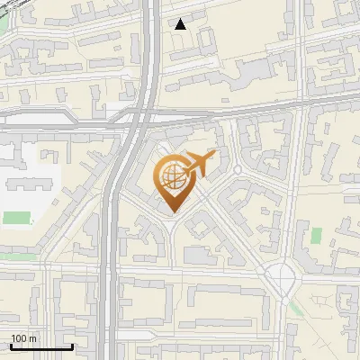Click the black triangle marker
click(x=181, y=24)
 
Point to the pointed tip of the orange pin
click(x=172, y=212)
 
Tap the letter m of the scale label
click(x=33, y=337)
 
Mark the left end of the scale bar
click(x=10, y=346)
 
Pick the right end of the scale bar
click(x=72, y=346)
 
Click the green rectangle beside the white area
click(x=16, y=217)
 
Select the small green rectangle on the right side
click(x=316, y=235)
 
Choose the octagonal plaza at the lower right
click(x=283, y=280)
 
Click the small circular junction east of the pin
click(x=238, y=169)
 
